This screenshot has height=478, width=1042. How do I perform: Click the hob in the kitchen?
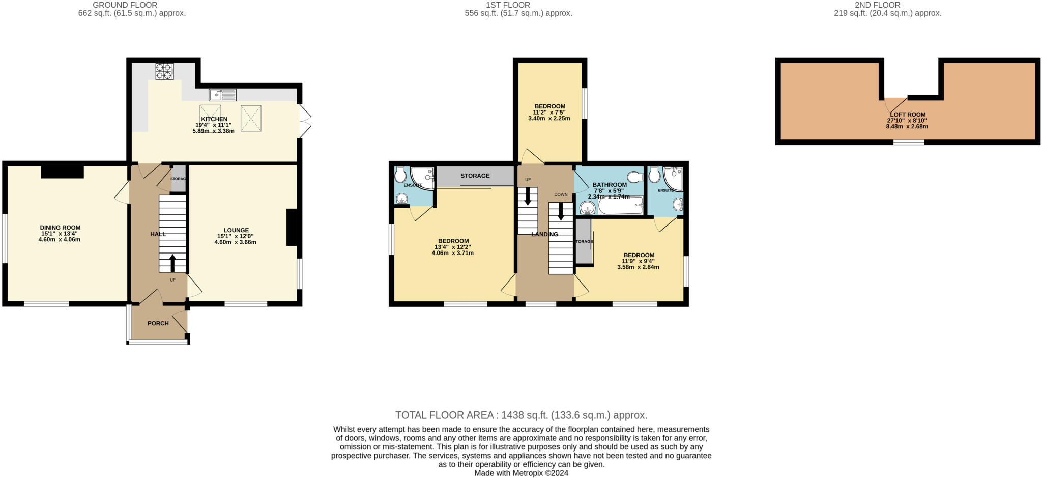164,71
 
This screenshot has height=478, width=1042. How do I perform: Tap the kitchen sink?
223,95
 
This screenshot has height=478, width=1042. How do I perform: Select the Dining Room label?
60,228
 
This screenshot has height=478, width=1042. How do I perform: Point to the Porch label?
158,323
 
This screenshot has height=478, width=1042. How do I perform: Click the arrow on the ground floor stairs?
172,263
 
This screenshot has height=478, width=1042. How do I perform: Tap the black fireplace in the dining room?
62,172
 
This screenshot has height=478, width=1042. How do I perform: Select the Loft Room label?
907,115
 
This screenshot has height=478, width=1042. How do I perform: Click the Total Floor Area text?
521,415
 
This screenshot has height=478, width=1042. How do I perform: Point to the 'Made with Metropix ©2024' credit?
521,473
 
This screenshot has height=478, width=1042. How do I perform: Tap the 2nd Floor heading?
887,5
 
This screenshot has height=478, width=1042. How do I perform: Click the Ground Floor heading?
125,5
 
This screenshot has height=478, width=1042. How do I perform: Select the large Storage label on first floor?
475,176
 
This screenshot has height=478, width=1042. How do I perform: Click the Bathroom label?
609,185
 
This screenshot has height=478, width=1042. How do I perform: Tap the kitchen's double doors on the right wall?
304,121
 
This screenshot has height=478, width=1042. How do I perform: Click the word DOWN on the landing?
561,194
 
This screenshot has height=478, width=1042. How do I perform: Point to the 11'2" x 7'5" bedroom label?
549,106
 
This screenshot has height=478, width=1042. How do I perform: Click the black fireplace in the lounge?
292,228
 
